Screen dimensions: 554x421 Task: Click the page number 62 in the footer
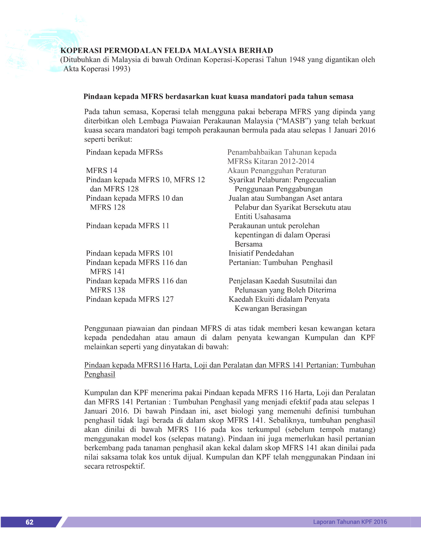[x=29, y=522]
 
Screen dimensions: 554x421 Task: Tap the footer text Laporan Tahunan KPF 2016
[x=350, y=522]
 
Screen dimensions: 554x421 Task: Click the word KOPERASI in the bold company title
[x=80, y=50]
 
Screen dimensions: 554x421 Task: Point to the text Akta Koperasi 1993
[x=97, y=69]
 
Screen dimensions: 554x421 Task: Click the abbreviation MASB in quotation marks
[x=294, y=121]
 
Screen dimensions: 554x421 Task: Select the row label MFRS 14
[x=102, y=171]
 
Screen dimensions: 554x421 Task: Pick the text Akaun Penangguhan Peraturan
[x=276, y=171]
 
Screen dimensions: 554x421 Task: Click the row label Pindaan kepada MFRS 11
[x=128, y=226]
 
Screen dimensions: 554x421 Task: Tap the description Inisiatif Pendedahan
[x=261, y=253]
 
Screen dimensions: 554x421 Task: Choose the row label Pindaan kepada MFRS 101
[x=129, y=253]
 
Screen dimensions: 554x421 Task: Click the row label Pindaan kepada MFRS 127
[x=130, y=299]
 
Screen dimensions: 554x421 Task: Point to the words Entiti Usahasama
[x=263, y=216]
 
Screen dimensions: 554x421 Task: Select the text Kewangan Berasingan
[x=271, y=308]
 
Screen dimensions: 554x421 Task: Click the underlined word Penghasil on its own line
[x=100, y=374]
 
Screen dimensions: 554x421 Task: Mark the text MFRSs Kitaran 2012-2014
[x=271, y=161]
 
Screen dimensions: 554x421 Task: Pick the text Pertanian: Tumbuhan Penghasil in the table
[x=280, y=263]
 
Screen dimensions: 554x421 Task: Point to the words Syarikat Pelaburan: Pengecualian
[x=282, y=180]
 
